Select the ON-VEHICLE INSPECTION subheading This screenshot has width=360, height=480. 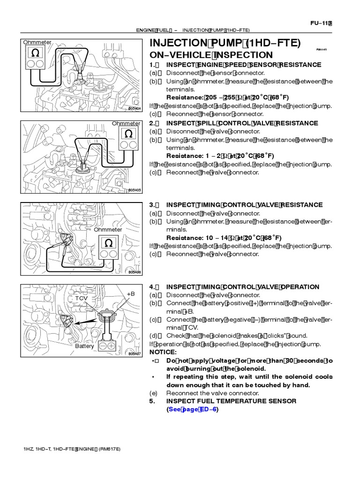(x=211, y=55)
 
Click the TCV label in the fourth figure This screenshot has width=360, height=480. (x=82, y=298)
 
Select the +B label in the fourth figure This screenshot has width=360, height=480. (x=131, y=294)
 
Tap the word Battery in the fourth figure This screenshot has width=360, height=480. (x=85, y=346)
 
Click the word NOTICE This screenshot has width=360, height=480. (x=163, y=352)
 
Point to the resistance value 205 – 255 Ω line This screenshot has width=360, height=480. (x=228, y=97)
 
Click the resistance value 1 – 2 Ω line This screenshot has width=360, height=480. (x=220, y=156)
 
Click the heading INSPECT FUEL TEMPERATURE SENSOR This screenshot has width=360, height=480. (x=231, y=401)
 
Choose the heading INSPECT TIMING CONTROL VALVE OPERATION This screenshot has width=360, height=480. (x=243, y=287)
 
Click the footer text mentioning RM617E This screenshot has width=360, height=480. (x=72, y=449)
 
